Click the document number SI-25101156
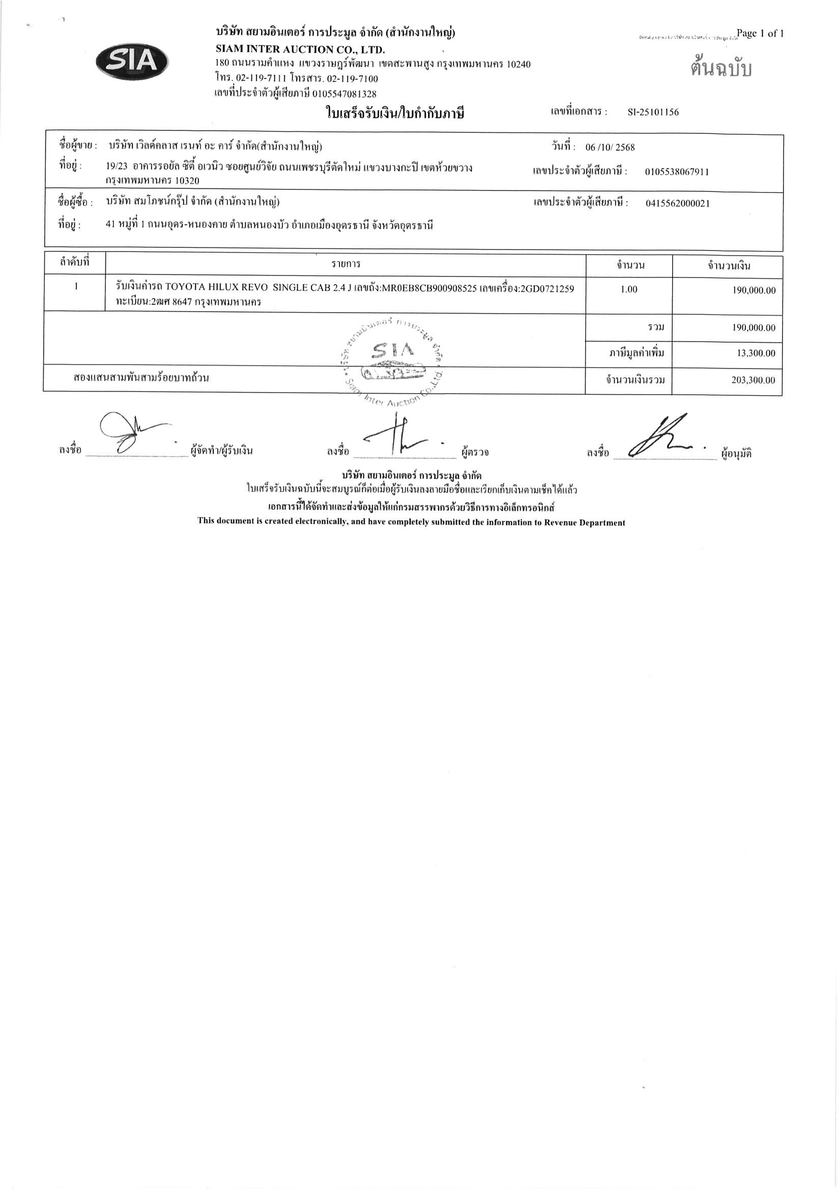[x=653, y=113]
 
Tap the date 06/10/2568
[x=610, y=147]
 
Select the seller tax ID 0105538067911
[x=677, y=172]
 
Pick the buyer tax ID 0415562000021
[x=678, y=204]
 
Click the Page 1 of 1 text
[x=760, y=34]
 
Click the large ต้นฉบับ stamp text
[x=720, y=68]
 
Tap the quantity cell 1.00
[x=628, y=289]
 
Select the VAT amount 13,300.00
[x=756, y=354]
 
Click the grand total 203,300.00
[x=753, y=380]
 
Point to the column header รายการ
[x=346, y=265]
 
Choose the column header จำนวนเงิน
[x=729, y=266]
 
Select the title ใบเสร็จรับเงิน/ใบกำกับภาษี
[x=394, y=113]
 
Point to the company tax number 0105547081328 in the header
[x=343, y=94]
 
